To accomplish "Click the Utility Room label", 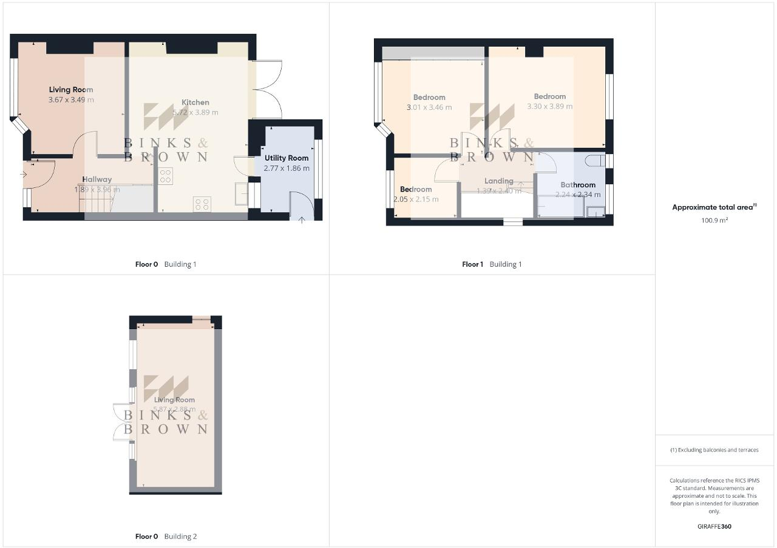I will (x=287, y=158).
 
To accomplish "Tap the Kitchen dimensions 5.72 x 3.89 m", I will (x=195, y=112).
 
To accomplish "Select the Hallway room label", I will (x=97, y=179).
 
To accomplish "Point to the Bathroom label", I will (x=578, y=185).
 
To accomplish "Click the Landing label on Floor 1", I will (x=499, y=181).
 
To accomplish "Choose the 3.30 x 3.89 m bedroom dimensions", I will (x=550, y=106).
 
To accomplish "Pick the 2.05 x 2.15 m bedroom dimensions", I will (x=416, y=199).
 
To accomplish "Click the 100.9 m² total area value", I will (x=714, y=220).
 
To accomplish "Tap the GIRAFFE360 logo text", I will (x=714, y=526).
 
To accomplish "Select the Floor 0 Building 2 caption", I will (x=166, y=536).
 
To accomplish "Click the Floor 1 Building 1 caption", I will (x=492, y=264).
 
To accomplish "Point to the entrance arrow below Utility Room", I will (x=302, y=219).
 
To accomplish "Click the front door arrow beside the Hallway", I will (x=24, y=175).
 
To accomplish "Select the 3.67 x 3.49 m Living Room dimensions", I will (x=71, y=99).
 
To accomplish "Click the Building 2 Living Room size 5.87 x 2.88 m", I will (x=174, y=409).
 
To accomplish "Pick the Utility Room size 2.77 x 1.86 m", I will (x=287, y=168).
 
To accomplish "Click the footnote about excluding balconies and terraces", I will (x=714, y=450).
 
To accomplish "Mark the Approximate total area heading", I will (x=714, y=207).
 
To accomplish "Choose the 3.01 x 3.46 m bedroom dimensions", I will (x=429, y=107).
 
